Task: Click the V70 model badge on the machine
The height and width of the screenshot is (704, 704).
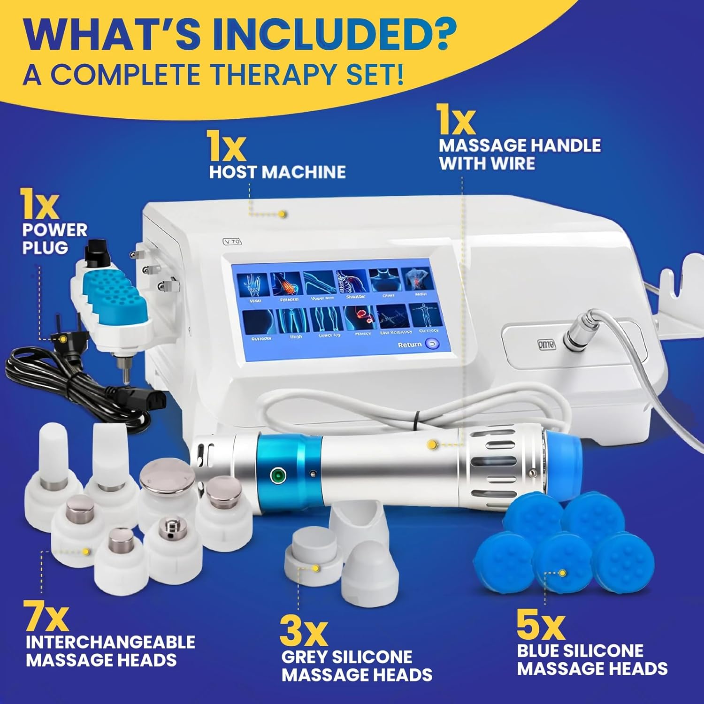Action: pyautogui.click(x=232, y=242)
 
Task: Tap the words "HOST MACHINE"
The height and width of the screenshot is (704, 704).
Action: pyautogui.click(x=277, y=172)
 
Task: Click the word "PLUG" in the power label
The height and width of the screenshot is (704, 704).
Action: pyautogui.click(x=45, y=247)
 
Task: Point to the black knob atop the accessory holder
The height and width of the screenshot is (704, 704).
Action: pyautogui.click(x=96, y=254)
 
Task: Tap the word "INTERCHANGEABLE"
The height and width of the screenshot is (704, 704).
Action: pyautogui.click(x=110, y=642)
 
